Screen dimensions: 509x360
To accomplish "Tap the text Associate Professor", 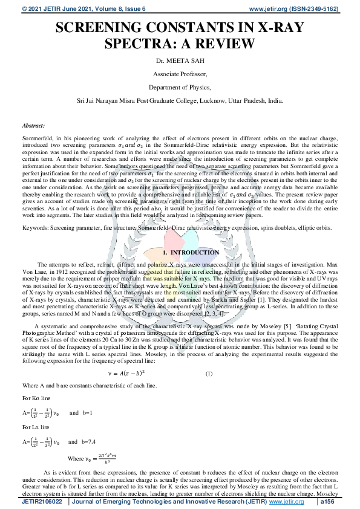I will (x=180, y=75).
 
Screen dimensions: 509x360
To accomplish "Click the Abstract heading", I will (x=33, y=125).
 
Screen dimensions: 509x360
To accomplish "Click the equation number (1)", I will (x=209, y=373).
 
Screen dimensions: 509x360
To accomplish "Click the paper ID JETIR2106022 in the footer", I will (x=44, y=502).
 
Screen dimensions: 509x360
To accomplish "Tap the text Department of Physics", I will (x=180, y=88).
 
